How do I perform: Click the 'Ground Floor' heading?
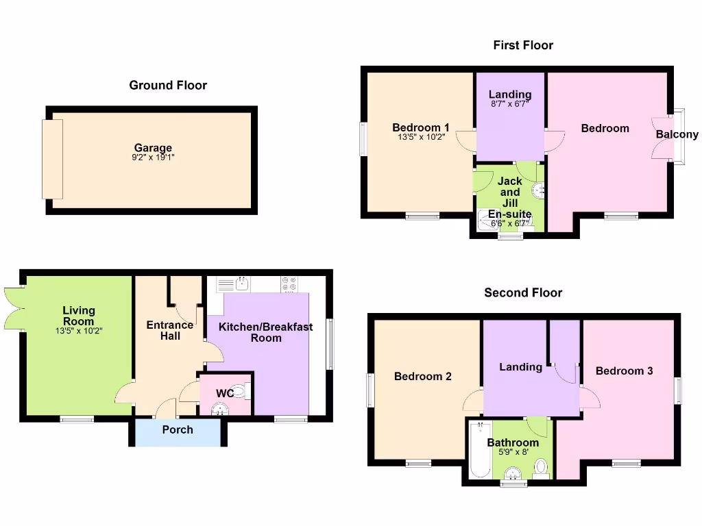coord(168,85)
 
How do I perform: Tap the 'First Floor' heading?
coord(523,45)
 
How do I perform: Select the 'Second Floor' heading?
coord(523,292)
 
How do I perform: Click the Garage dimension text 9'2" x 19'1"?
coord(153,158)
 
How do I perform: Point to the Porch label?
coord(178,430)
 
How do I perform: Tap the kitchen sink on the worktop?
coord(241,283)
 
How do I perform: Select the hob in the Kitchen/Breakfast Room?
coord(289,283)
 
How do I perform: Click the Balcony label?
coord(677,134)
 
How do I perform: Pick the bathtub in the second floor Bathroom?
coord(479,450)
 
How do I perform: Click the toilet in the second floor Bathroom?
coord(542,468)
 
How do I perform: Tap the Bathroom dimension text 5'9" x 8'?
coord(513,452)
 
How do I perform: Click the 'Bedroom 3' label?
coord(624,371)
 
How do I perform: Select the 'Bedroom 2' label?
coord(423,376)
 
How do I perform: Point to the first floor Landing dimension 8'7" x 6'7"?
coord(510,104)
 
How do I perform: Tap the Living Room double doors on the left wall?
coord(13,308)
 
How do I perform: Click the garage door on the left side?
coord(53,160)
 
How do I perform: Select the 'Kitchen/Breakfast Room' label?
coord(266,332)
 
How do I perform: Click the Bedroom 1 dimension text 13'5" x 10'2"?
coord(420,137)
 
